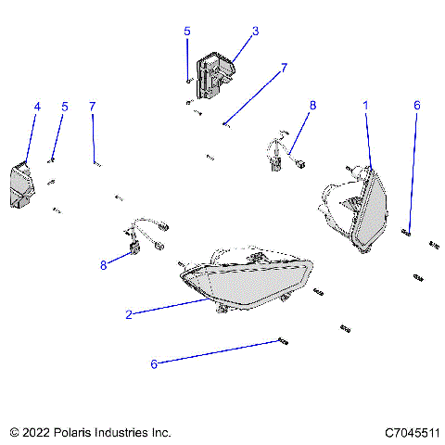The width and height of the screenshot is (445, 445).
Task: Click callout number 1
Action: [x=365, y=107]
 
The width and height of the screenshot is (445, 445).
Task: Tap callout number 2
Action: [x=129, y=314]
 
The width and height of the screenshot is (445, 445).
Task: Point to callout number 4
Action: [x=37, y=107]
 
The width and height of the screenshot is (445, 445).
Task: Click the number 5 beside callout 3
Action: [x=187, y=31]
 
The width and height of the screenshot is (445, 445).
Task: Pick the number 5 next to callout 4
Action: [x=65, y=107]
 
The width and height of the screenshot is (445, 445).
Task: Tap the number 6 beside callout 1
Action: [x=416, y=107]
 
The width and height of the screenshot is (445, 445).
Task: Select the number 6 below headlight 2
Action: [x=154, y=364]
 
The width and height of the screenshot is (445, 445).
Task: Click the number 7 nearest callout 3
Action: [x=284, y=68]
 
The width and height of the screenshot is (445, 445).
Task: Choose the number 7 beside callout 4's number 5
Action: [x=92, y=107]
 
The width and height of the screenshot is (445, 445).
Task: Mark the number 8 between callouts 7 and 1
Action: [x=312, y=107]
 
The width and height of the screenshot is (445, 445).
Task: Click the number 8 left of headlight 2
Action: [x=104, y=265]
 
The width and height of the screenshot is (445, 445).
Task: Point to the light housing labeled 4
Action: [x=20, y=185]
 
